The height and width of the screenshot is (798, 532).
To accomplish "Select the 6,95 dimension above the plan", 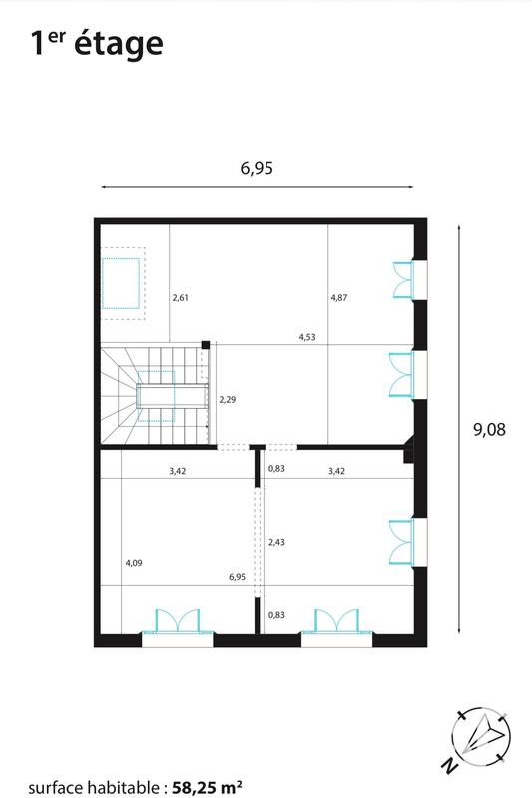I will coord(257,168).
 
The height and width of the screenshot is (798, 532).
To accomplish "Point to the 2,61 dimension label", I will coord(181,297).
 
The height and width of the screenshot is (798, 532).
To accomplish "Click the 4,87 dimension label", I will coord(339,297).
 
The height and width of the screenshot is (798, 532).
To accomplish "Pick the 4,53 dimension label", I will coord(308,337).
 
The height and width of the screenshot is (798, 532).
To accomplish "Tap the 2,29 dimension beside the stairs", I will coord(229,399).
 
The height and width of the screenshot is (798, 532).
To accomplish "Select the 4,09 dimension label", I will coord(133,563).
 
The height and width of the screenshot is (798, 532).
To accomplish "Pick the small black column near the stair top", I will coord(205,345).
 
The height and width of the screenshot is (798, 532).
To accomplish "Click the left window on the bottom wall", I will coord(177,623).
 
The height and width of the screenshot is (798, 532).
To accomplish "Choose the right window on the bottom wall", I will coord(337,623).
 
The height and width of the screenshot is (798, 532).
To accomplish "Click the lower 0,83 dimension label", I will coord(276,615).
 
